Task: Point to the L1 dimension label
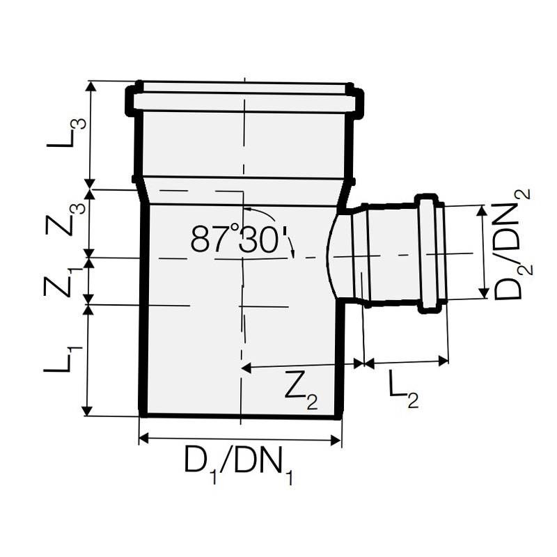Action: coord(63,358)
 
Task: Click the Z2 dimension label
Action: coord(301,393)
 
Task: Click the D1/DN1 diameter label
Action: coord(239,464)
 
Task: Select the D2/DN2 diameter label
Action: coord(512,244)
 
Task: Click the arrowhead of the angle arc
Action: coord(293,253)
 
